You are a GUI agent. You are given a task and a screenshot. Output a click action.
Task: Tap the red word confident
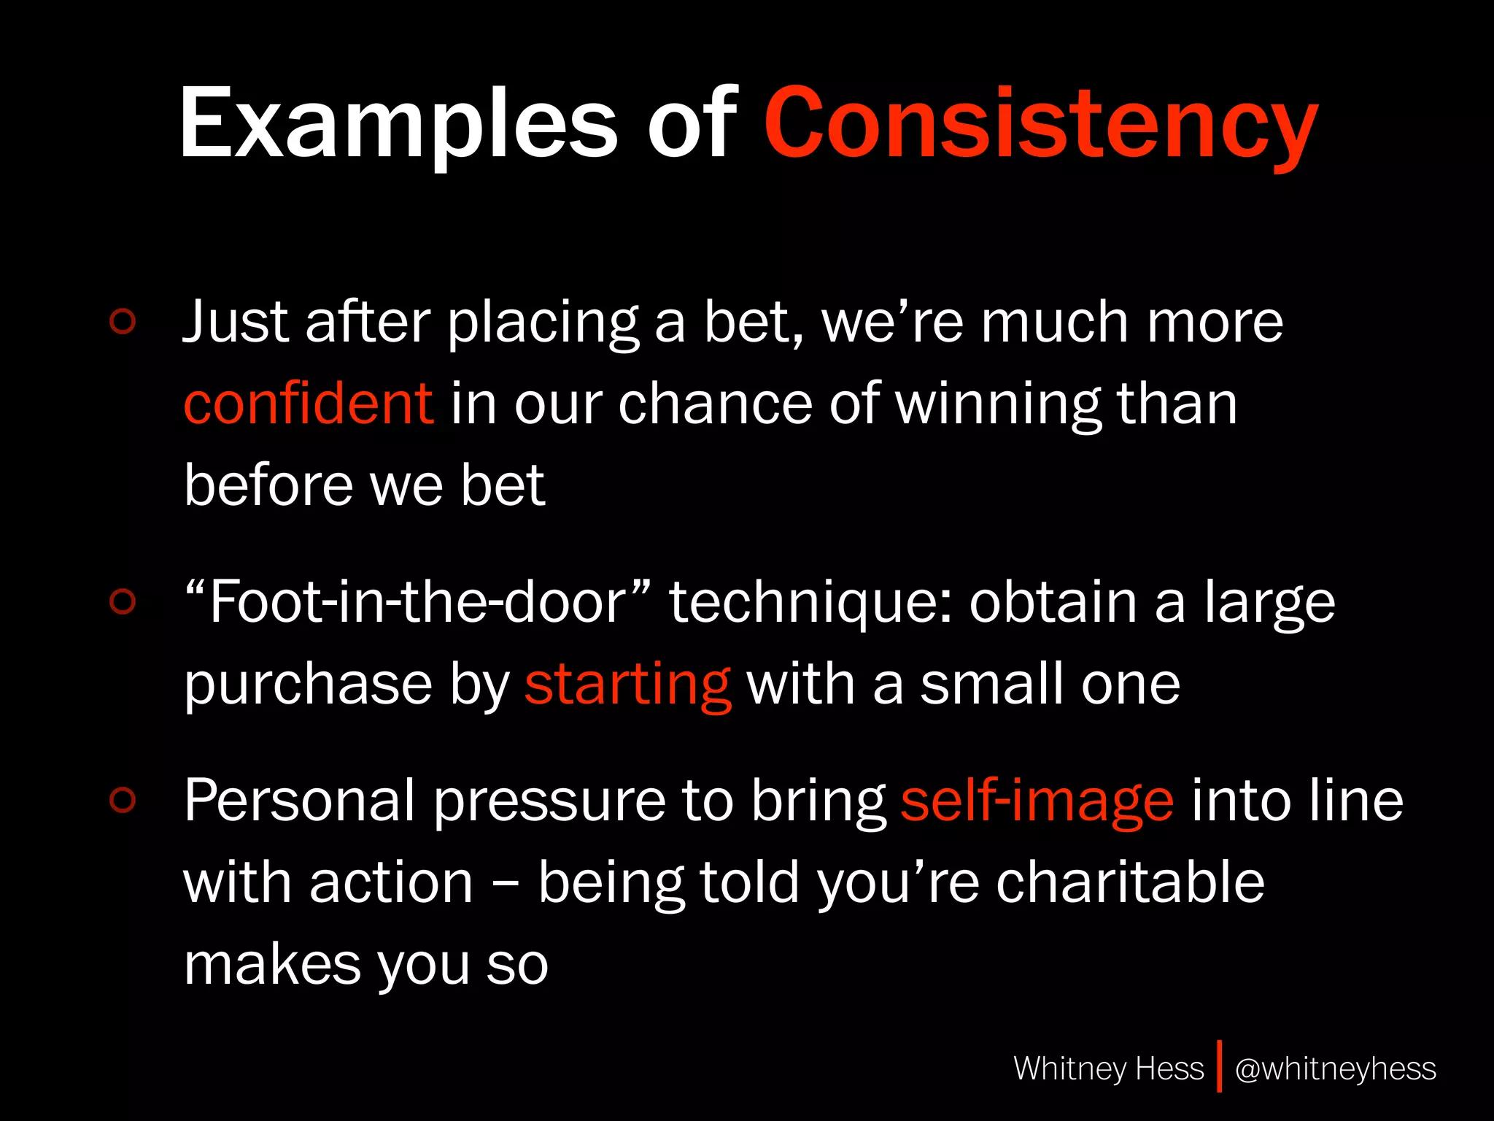click(309, 404)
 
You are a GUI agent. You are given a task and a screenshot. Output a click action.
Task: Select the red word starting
click(627, 685)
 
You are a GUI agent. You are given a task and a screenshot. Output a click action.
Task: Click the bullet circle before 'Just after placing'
click(123, 321)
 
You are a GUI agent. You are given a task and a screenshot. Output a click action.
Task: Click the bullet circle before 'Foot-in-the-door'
click(123, 601)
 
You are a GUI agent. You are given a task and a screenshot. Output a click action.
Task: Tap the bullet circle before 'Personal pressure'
click(123, 800)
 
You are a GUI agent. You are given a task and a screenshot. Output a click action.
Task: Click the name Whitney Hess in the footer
click(1108, 1068)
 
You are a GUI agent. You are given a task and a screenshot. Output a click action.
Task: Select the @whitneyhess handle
click(1335, 1068)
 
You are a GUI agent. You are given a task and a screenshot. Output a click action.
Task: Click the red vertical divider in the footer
click(1219, 1067)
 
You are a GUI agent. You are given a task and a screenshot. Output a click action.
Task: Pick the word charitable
click(1130, 882)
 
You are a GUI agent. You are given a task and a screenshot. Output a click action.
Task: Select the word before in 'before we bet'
click(267, 485)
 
